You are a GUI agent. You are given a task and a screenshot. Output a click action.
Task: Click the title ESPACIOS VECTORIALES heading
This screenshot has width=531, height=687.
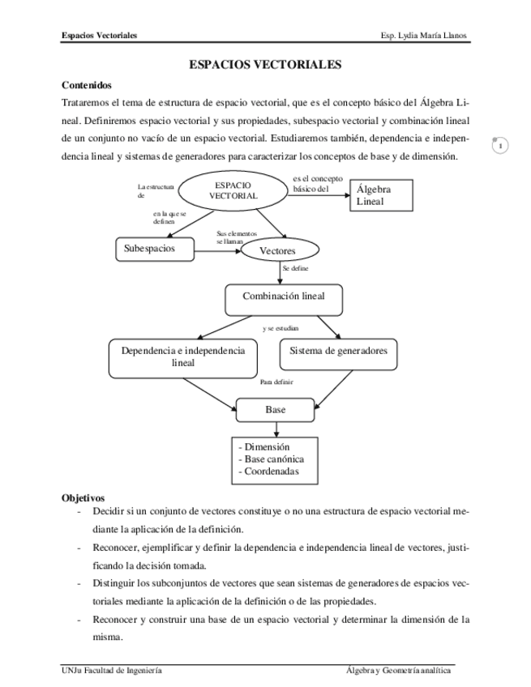pos(265,64)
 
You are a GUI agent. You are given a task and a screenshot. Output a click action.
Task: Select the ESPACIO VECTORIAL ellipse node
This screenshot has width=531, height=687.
pos(233,190)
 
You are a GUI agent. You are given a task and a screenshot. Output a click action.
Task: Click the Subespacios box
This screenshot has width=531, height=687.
pos(155,249)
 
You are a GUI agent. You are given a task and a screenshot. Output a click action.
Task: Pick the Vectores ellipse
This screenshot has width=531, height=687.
pos(276,251)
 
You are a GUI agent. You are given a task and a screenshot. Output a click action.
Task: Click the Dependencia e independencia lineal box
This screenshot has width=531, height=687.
pos(182,356)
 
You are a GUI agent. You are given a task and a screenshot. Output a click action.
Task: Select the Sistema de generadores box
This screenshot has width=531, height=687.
pos(338,352)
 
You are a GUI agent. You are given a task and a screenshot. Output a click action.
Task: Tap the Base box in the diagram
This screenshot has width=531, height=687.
pos(275,411)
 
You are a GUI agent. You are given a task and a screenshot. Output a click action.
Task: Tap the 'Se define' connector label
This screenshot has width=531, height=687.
pos(295,268)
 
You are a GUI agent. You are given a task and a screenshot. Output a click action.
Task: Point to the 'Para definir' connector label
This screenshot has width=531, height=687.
pos(276,382)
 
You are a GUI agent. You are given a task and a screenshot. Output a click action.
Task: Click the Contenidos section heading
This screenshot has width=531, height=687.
pos(87,85)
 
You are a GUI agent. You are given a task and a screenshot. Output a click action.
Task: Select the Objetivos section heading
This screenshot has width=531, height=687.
pos(84,498)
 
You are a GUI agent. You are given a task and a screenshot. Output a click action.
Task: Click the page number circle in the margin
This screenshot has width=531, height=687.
pos(502,146)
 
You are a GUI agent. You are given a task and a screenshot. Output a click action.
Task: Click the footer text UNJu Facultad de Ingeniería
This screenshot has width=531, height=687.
pos(112,671)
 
